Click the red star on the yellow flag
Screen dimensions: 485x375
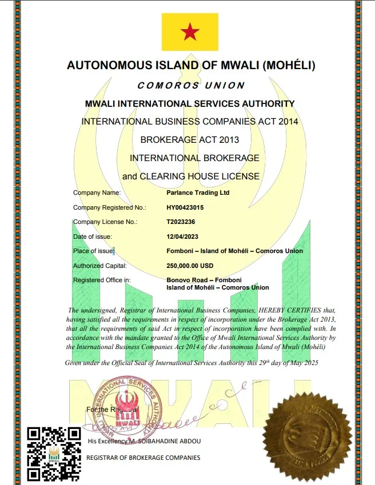tap(190, 33)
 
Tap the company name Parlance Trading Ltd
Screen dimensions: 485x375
tap(197, 193)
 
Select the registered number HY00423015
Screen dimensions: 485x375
tap(185, 207)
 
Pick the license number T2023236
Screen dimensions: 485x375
tap(181, 222)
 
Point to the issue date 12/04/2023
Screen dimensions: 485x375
tap(182, 237)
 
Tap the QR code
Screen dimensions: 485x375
tap(54, 454)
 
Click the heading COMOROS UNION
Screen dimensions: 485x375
tap(191, 85)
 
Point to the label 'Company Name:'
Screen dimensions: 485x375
tap(97, 193)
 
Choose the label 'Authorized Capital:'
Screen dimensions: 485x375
tap(100, 266)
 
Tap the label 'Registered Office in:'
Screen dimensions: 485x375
tap(102, 280)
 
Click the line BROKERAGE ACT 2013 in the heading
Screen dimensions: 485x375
tap(190, 140)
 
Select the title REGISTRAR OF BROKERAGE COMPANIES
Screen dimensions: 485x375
tap(143, 458)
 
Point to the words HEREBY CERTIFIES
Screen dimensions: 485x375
tap(284, 311)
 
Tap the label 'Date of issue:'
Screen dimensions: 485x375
tap(93, 237)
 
